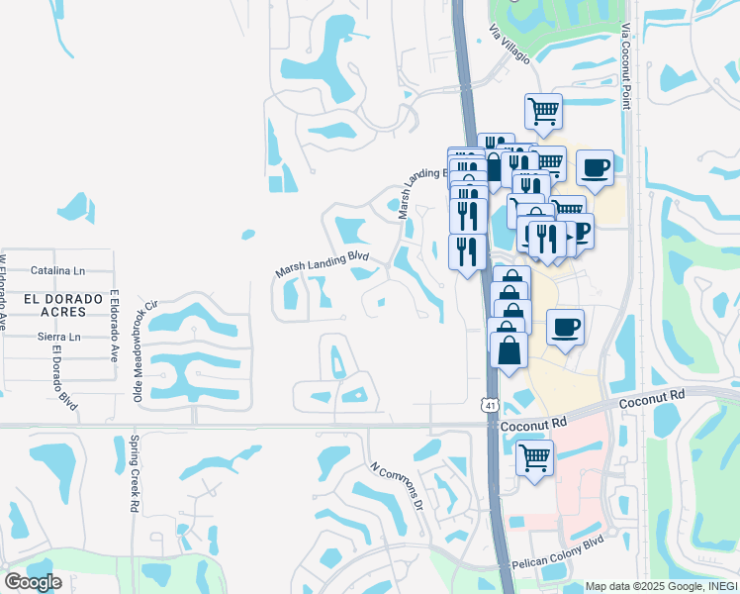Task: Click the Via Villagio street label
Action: (x=510, y=45)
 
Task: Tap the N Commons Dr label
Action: (x=396, y=486)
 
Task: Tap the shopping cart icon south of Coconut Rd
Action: (x=534, y=457)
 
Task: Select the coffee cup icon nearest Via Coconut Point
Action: (x=595, y=167)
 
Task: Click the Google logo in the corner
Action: (x=33, y=581)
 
